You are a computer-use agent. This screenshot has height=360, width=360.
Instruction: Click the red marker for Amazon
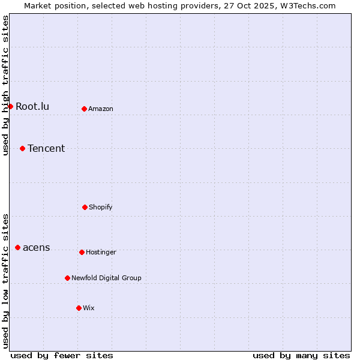84,109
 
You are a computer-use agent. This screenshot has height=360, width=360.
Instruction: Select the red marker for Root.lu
10,106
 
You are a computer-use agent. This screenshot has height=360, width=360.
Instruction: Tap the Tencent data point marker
22,148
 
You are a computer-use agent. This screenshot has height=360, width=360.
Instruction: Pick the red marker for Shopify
85,207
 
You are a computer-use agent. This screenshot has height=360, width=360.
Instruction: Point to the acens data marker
17,247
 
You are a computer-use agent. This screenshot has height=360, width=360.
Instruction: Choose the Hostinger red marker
82,252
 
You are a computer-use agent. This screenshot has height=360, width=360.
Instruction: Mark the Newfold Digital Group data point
67,278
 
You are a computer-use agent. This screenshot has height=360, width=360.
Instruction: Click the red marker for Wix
79,308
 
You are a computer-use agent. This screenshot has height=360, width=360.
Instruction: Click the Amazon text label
101,109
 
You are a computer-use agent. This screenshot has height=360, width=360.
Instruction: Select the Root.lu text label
32,106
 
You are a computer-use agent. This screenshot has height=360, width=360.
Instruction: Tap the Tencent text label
46,148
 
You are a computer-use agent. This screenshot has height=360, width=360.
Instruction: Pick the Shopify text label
101,207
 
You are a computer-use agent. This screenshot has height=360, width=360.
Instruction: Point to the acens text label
37,247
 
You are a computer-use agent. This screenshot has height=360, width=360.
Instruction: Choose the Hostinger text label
101,252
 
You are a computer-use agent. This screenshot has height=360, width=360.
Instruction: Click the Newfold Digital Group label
106,278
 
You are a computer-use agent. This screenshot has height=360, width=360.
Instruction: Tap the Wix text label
89,308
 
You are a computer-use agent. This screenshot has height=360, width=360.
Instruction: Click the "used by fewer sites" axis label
62,356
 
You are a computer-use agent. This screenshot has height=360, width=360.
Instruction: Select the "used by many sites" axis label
301,356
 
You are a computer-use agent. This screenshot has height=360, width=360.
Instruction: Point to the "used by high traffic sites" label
5,85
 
